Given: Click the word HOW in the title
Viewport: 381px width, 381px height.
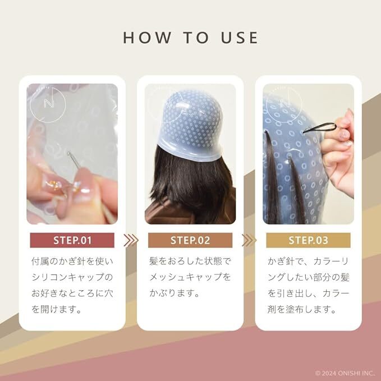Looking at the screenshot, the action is [147, 38].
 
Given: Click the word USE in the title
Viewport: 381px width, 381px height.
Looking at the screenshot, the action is [240, 38].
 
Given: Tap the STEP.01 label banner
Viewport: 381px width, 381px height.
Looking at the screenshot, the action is [72, 240].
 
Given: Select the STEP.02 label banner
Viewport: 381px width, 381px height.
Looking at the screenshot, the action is [190, 240].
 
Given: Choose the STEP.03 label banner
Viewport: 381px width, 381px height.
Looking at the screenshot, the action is [309, 240].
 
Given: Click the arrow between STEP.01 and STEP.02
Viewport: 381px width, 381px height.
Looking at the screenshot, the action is [131, 240].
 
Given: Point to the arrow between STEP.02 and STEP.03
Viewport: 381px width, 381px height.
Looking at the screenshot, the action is [249, 240].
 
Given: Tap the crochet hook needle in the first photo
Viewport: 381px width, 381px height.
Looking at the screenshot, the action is [74, 159].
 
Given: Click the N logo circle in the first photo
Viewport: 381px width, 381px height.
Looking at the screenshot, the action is [48, 104].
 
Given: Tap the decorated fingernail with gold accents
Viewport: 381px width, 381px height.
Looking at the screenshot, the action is [54, 185].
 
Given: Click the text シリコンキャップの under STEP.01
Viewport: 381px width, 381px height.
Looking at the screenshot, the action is [72, 277].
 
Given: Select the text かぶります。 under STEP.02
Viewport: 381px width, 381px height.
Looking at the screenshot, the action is [175, 293].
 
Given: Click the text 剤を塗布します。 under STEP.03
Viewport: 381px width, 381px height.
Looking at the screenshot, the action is [302, 309].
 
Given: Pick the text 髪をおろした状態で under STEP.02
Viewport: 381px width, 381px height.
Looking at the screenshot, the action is [190, 261].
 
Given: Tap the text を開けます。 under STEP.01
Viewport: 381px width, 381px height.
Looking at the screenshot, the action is [56, 309].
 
